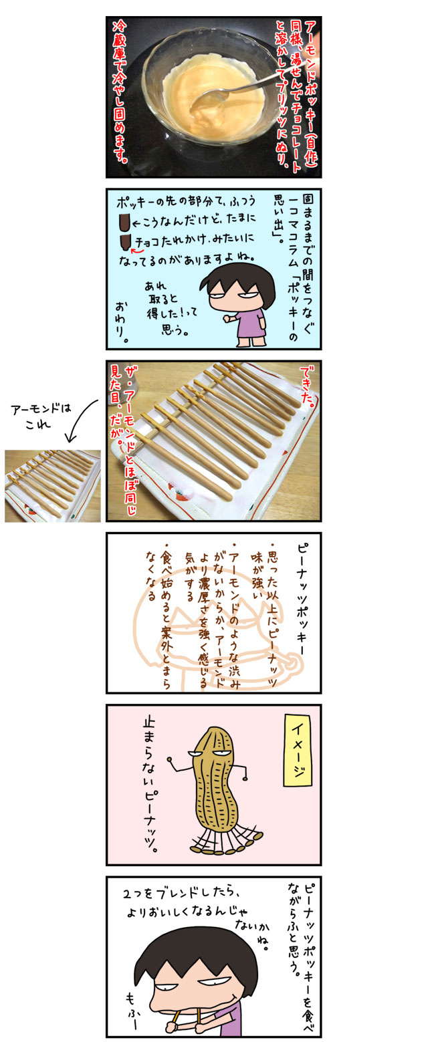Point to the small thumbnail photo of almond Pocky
[53, 486]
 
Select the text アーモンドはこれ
[41, 416]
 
